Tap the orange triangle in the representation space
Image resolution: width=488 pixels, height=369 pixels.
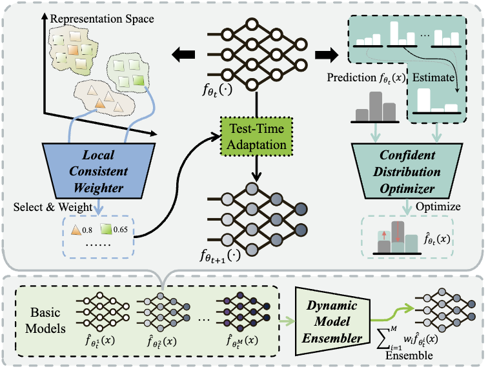pos(99,103)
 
